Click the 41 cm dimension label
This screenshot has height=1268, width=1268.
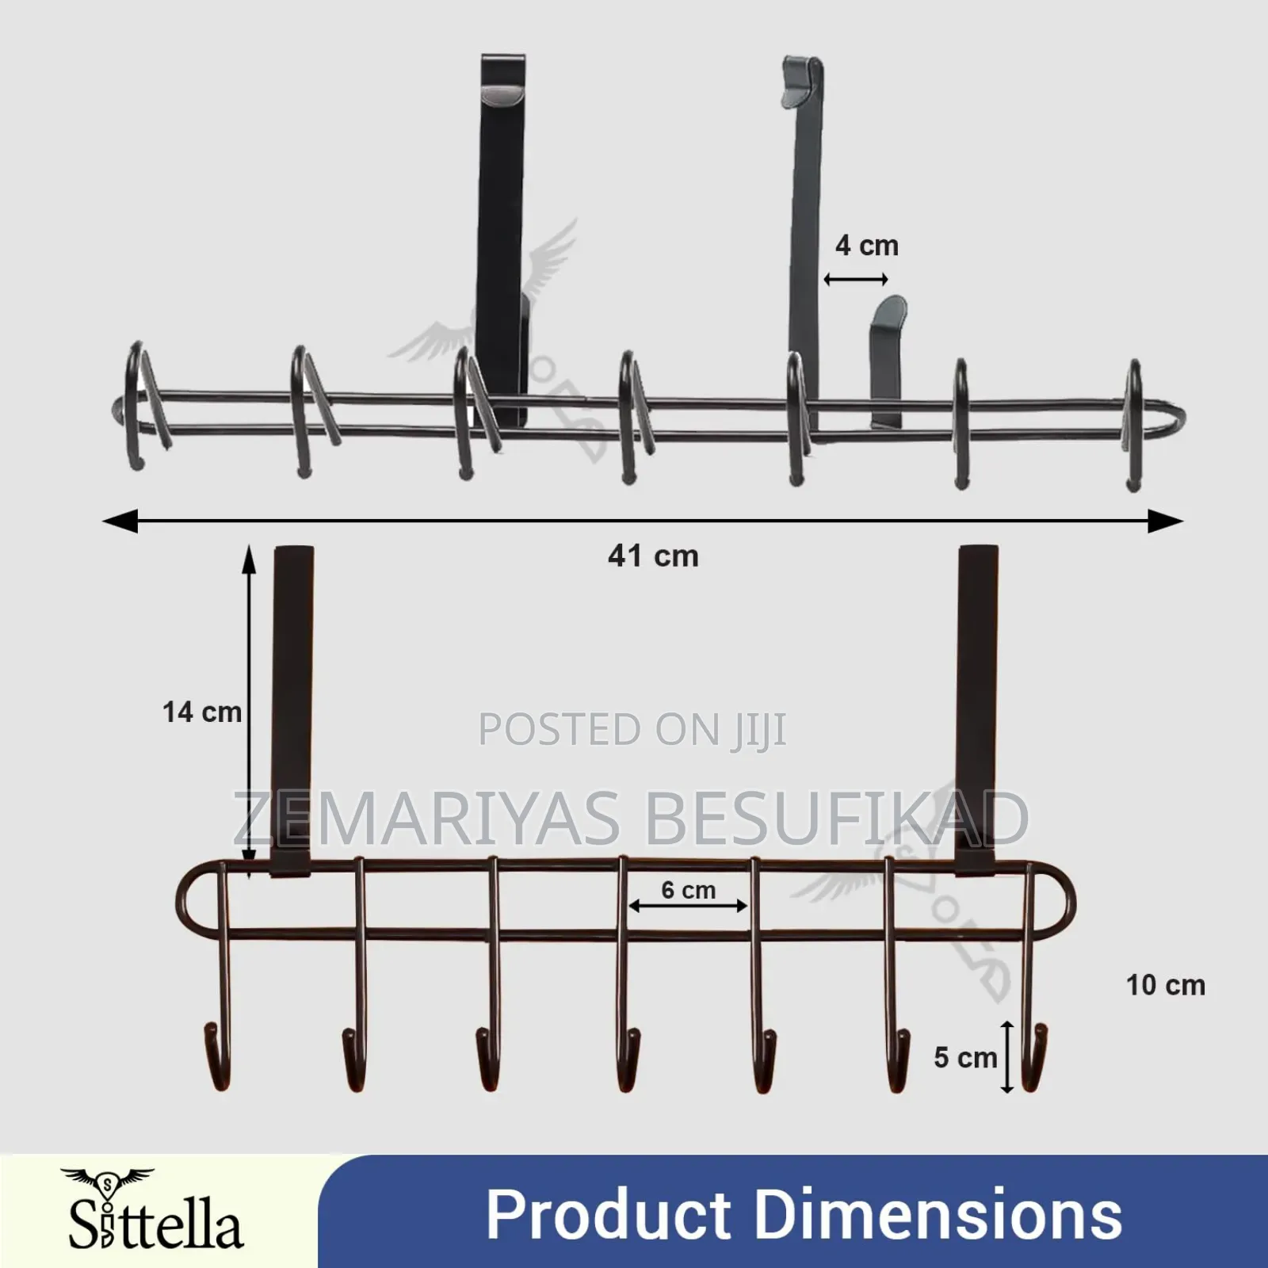coord(653,556)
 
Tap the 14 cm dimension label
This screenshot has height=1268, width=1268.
coord(202,712)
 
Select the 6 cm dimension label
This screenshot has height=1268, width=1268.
coord(688,890)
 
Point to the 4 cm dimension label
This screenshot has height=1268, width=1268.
coord(866,246)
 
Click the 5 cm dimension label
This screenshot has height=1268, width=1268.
coord(964,1057)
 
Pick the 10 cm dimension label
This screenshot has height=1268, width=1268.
coord(1165,985)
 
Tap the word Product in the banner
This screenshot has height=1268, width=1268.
coord(608,1214)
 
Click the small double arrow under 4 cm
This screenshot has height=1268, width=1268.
coord(856,279)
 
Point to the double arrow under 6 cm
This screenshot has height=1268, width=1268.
coord(688,905)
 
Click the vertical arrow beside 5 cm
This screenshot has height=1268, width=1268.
coord(1006,1057)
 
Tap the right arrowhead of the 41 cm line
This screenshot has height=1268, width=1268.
coord(1167,521)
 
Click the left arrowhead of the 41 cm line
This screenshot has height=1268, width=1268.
coord(120,521)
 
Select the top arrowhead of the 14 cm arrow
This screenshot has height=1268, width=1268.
coord(250,557)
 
